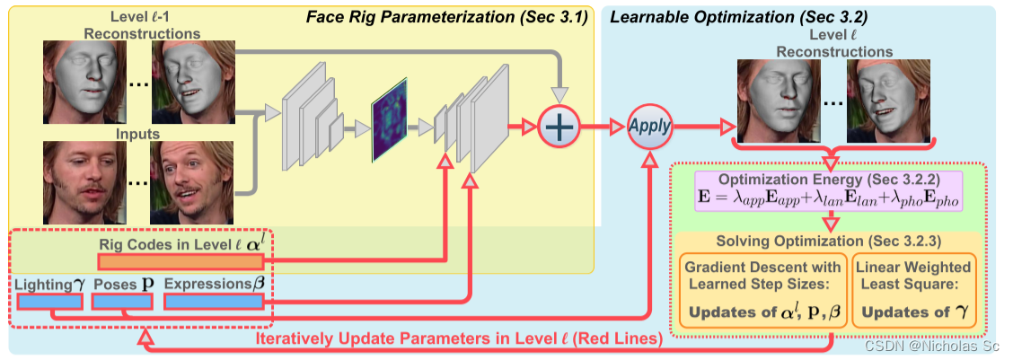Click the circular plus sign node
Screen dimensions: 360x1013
point(559,127)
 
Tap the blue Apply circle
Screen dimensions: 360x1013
point(649,127)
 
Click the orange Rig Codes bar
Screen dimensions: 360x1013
point(181,261)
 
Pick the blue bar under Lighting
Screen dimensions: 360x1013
point(50,302)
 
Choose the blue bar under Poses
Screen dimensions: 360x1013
point(123,302)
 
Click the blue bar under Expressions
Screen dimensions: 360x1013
point(216,302)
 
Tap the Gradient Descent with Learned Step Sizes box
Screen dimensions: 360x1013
point(762,290)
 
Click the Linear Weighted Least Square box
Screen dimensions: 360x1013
point(912,290)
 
